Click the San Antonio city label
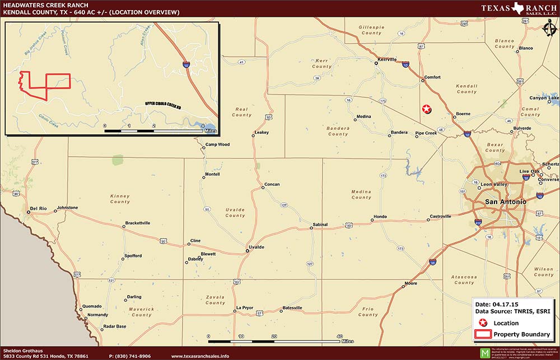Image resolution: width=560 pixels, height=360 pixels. [505, 202]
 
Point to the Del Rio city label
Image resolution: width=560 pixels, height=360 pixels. [38, 208]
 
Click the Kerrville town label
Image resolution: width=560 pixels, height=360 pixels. [387, 59]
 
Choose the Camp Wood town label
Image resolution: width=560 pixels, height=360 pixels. [217, 144]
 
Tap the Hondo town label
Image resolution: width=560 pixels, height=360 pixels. [380, 217]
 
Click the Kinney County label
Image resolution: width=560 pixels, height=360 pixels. [120, 199]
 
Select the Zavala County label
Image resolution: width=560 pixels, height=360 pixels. [215, 300]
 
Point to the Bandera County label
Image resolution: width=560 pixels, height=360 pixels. [338, 131]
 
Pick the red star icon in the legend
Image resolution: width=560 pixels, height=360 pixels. [483, 323]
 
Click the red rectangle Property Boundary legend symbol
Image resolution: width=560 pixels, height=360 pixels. [482, 335]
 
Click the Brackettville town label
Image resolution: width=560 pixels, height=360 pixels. [137, 223]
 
